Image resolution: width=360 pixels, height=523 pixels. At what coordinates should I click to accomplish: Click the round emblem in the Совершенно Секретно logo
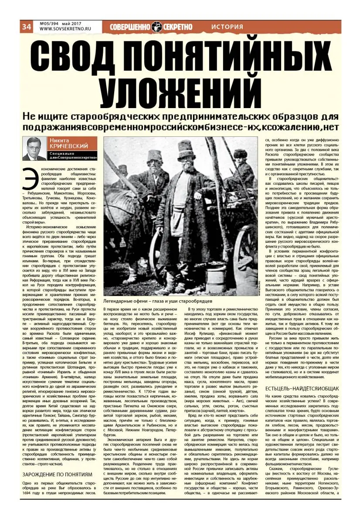pyautogui.click(x=156, y=27)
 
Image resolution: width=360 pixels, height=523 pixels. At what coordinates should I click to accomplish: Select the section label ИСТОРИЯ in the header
pyautogui.click(x=227, y=27)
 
